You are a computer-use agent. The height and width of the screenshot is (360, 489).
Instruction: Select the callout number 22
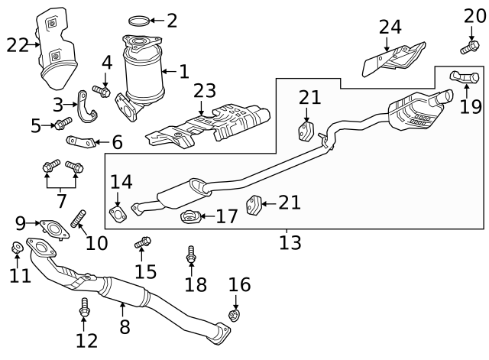[18, 46]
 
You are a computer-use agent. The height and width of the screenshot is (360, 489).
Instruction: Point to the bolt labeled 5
[63, 122]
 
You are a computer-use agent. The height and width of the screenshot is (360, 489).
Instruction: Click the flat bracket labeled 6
[83, 141]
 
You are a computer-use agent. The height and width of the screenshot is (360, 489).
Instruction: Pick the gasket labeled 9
[52, 227]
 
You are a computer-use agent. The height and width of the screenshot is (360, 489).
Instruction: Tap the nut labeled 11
[17, 248]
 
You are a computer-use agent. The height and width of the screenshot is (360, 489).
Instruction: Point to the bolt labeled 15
[143, 243]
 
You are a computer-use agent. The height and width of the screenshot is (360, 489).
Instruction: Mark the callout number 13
[290, 243]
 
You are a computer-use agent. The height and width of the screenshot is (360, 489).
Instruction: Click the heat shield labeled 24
[394, 59]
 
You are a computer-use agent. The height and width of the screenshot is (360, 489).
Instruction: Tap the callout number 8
[125, 327]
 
